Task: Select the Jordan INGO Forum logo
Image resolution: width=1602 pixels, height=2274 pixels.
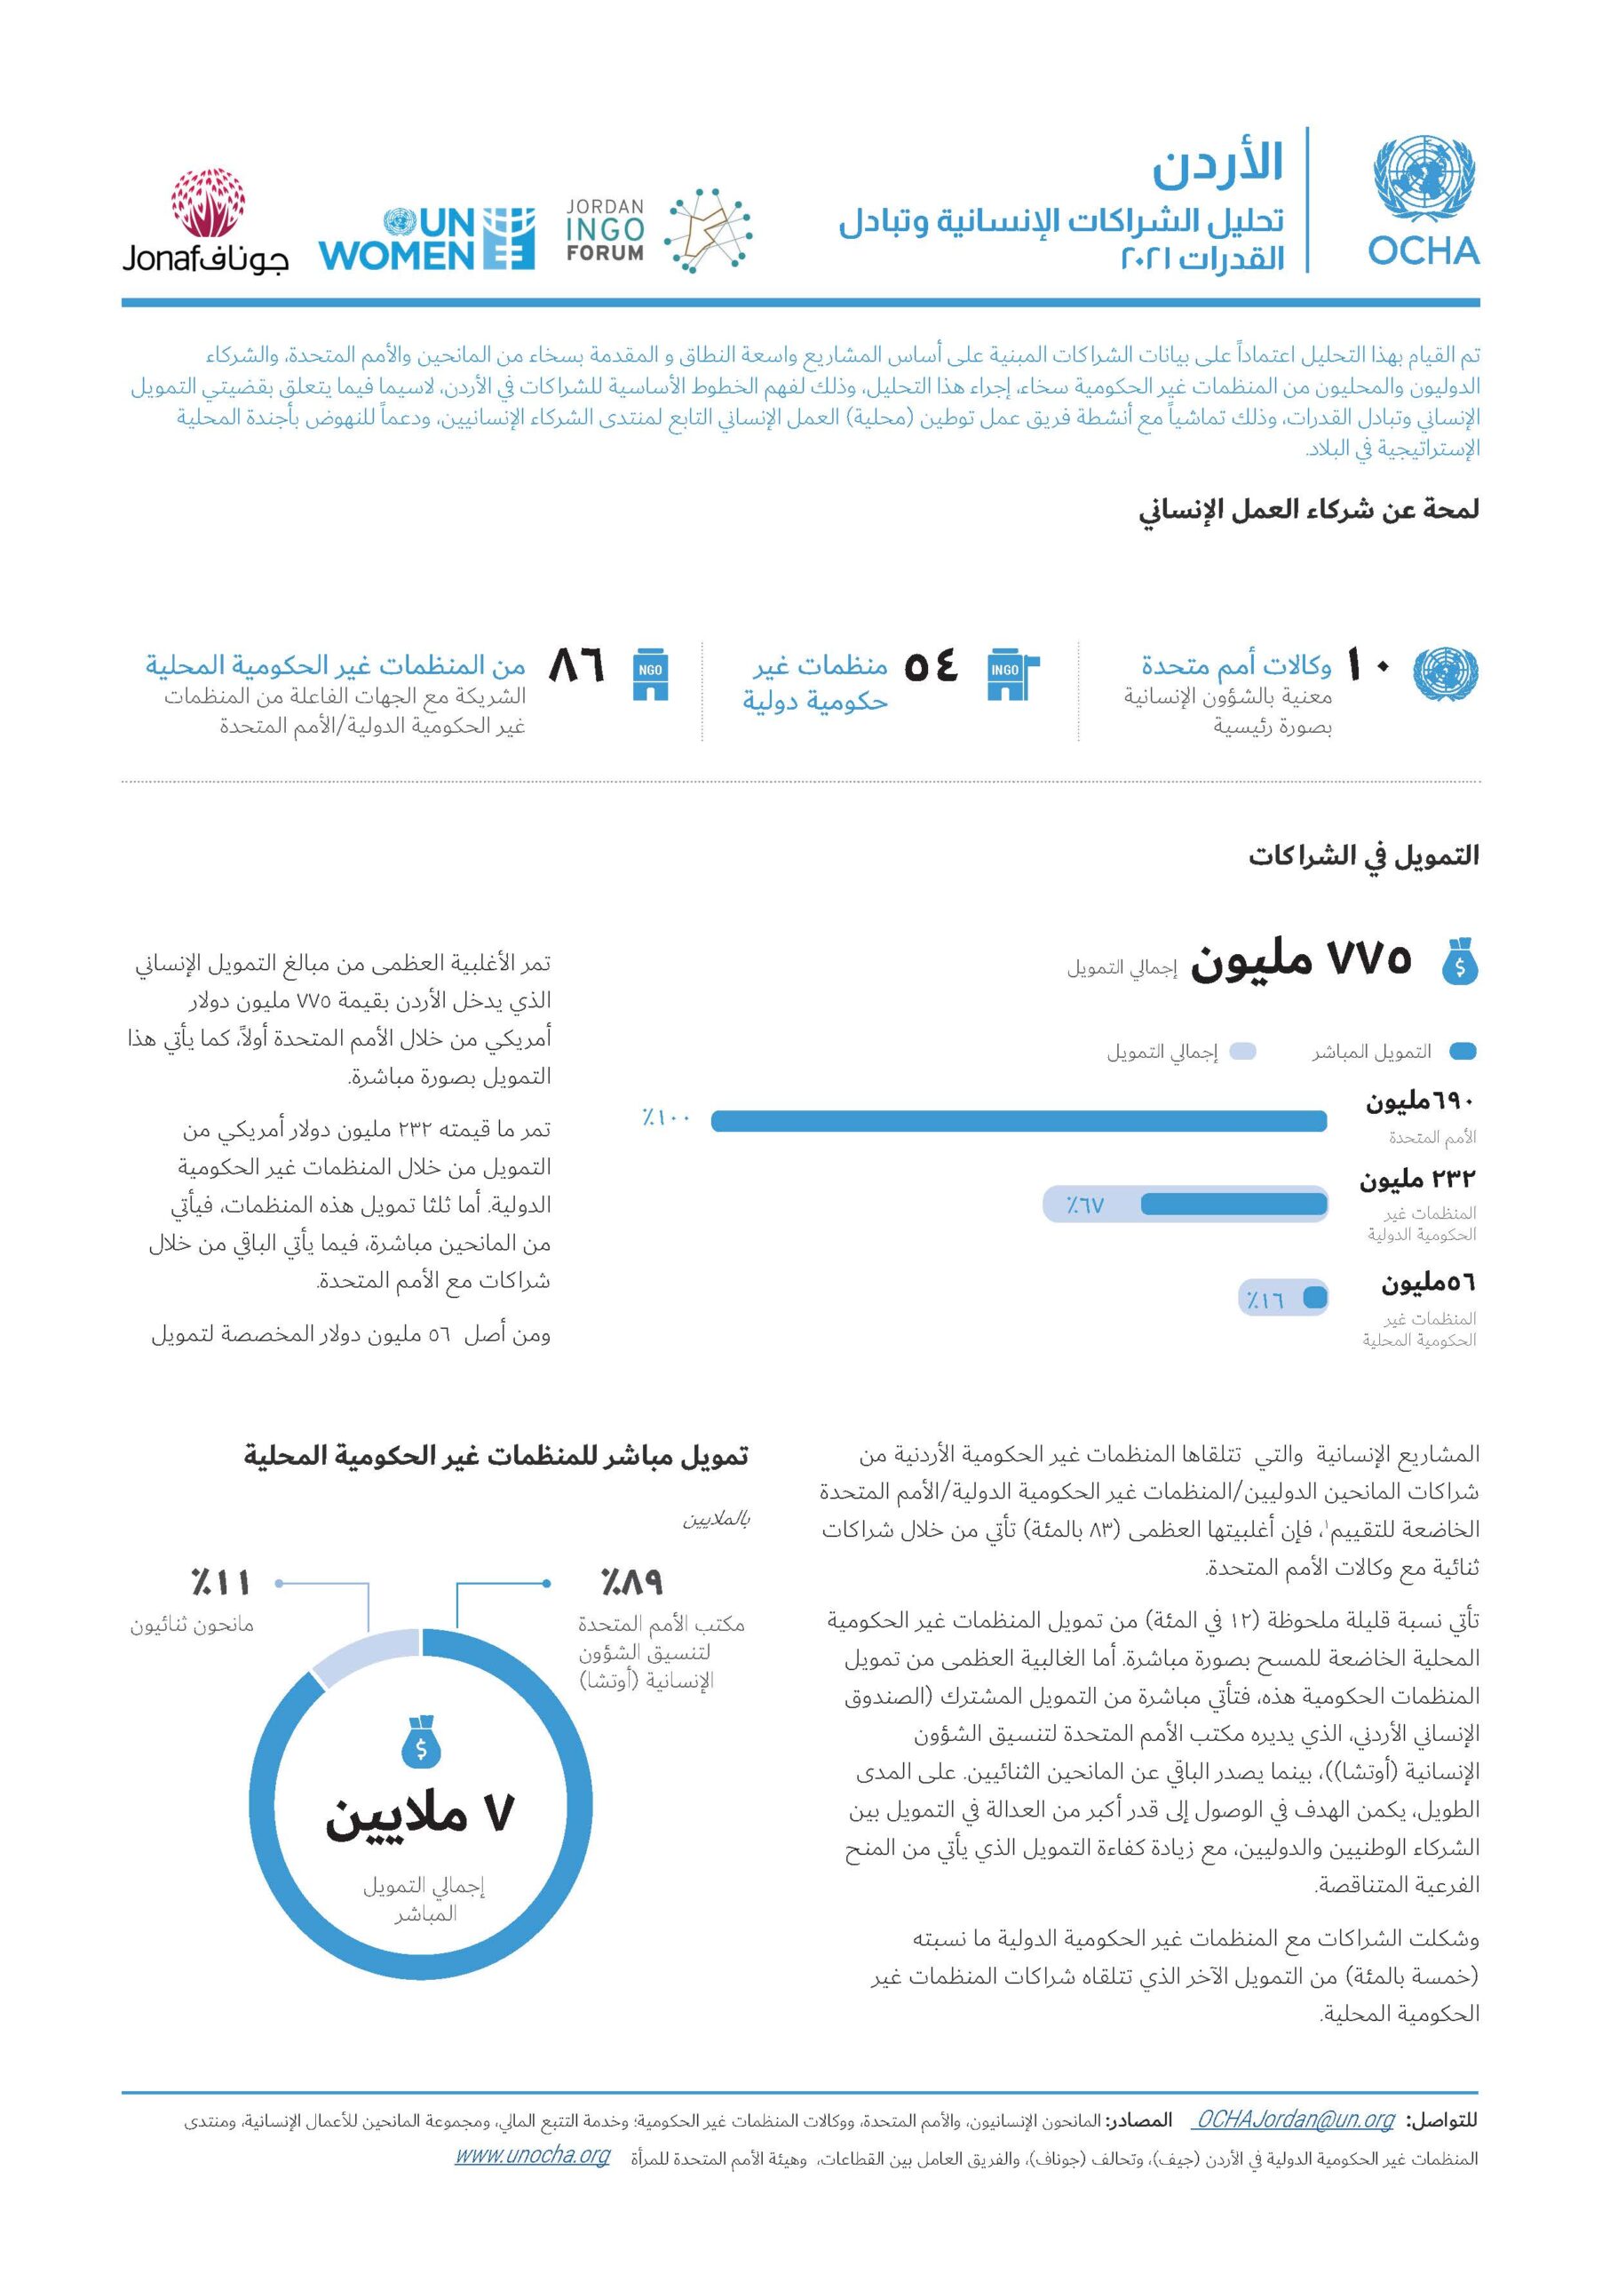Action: click(658, 231)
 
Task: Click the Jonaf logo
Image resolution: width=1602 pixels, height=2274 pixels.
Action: click(206, 223)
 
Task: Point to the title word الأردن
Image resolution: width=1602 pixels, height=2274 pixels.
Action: click(1217, 163)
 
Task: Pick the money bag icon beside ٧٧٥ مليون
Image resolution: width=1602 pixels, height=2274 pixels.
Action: click(1459, 962)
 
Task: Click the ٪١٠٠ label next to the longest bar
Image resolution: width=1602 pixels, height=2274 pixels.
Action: click(665, 1119)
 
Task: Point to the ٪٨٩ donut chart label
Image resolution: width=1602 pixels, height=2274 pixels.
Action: click(630, 1582)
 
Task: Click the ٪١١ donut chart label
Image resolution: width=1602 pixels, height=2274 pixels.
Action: click(220, 1582)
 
